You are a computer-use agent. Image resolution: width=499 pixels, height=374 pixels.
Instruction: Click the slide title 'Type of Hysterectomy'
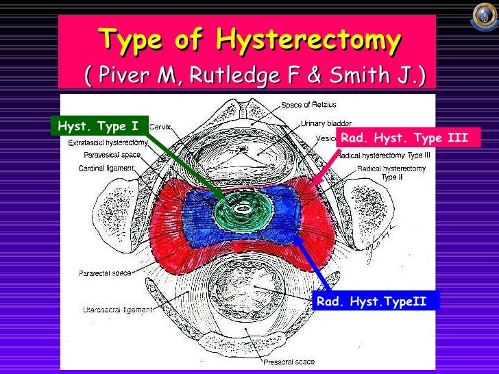[249, 42]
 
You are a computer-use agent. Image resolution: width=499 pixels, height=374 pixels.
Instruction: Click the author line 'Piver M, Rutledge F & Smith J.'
[254, 76]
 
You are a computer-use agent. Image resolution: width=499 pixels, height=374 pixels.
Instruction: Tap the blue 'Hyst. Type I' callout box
[97, 125]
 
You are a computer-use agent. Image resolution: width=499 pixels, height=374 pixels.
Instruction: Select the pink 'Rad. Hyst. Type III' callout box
[404, 138]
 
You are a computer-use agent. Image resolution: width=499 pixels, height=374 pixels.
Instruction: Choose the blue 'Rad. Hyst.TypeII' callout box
[374, 300]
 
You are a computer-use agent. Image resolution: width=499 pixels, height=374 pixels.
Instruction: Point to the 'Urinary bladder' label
[326, 124]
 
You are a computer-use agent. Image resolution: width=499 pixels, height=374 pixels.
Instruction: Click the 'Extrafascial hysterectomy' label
[108, 142]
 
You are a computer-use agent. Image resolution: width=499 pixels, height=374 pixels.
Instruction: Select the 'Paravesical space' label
[112, 155]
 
